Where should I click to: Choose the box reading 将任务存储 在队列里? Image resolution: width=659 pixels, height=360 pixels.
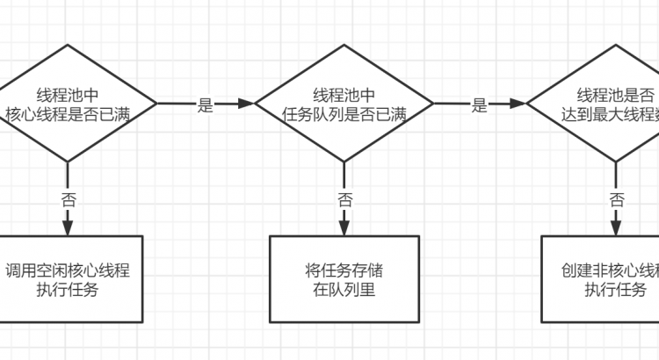(x=344, y=278)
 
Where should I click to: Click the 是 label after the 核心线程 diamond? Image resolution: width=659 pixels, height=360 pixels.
(x=206, y=105)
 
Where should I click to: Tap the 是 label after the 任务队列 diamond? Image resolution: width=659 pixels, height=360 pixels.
(x=479, y=105)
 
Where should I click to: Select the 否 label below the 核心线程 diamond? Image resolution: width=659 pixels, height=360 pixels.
(x=69, y=199)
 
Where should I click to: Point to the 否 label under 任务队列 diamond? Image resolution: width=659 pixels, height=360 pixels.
(x=345, y=199)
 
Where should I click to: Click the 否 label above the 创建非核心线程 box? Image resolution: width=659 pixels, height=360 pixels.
(x=618, y=199)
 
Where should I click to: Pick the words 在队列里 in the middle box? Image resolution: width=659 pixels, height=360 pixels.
(x=344, y=288)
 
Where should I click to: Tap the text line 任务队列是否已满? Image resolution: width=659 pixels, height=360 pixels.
(x=344, y=114)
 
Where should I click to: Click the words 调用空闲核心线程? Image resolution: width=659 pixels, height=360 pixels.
(x=68, y=270)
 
